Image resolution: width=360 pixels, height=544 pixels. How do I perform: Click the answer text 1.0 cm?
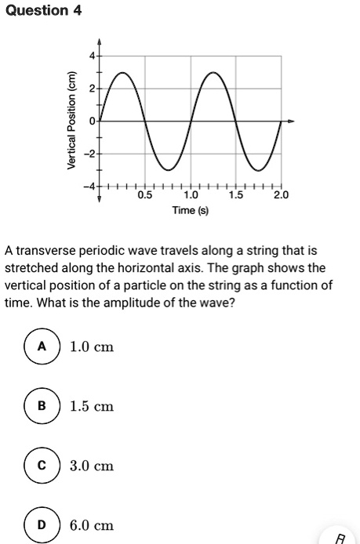click(x=92, y=346)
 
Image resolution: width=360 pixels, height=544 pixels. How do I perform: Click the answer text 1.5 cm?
click(x=92, y=406)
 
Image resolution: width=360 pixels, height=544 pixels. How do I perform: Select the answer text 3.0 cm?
click(x=92, y=466)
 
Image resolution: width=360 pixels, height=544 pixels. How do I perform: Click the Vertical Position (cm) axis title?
click(x=72, y=121)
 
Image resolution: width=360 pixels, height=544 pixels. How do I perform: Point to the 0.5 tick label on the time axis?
click(x=145, y=195)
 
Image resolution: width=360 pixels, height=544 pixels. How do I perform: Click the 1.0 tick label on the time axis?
click(x=190, y=195)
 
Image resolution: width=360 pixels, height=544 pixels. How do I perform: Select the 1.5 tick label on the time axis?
click(x=235, y=195)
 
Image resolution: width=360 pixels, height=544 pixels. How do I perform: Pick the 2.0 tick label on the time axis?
click(x=281, y=195)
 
